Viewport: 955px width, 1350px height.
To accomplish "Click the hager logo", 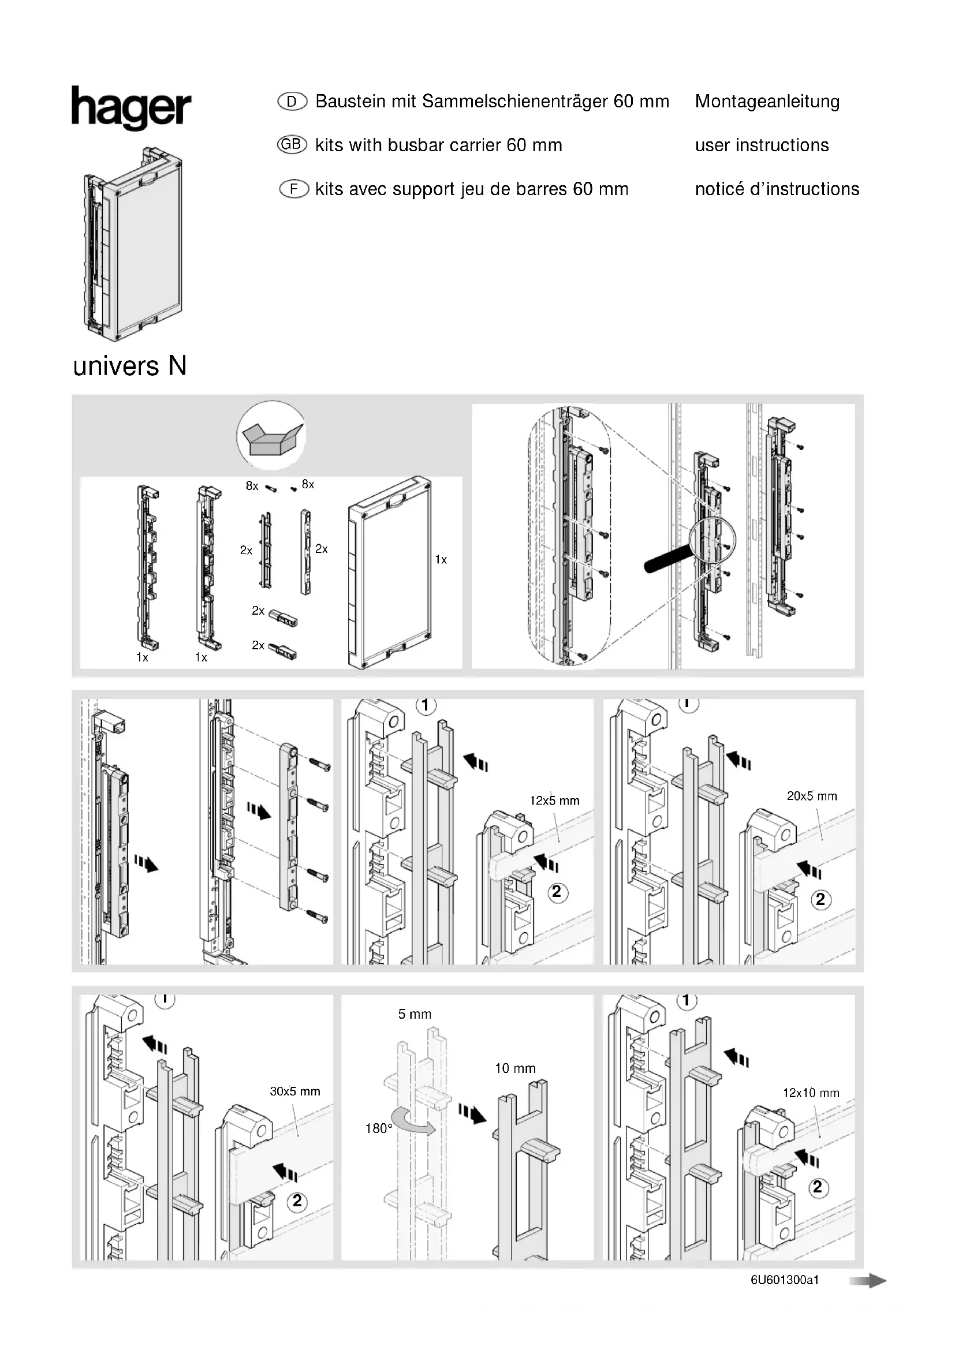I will (131, 107).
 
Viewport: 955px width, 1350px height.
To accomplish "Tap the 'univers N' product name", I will (130, 367).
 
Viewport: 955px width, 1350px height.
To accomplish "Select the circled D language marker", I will (292, 102).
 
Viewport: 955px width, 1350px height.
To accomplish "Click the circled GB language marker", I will (292, 145).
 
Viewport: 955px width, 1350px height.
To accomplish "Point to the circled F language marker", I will (293, 189).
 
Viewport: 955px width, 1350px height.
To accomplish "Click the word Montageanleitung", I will (767, 102).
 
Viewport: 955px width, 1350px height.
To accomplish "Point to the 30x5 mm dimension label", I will (294, 1092).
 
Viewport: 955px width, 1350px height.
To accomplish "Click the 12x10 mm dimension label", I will (810, 1093).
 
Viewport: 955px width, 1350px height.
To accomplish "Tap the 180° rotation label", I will (378, 1128).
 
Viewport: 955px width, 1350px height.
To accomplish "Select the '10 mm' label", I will (515, 1068).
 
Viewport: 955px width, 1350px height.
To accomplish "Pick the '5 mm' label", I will (415, 1014).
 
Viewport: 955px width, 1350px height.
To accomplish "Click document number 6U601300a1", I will (785, 1280).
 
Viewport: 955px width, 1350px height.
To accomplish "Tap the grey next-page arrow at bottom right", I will (867, 1281).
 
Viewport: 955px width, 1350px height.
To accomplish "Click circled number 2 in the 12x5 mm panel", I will (556, 892).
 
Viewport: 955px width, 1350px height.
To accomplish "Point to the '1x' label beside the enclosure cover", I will (441, 560).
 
